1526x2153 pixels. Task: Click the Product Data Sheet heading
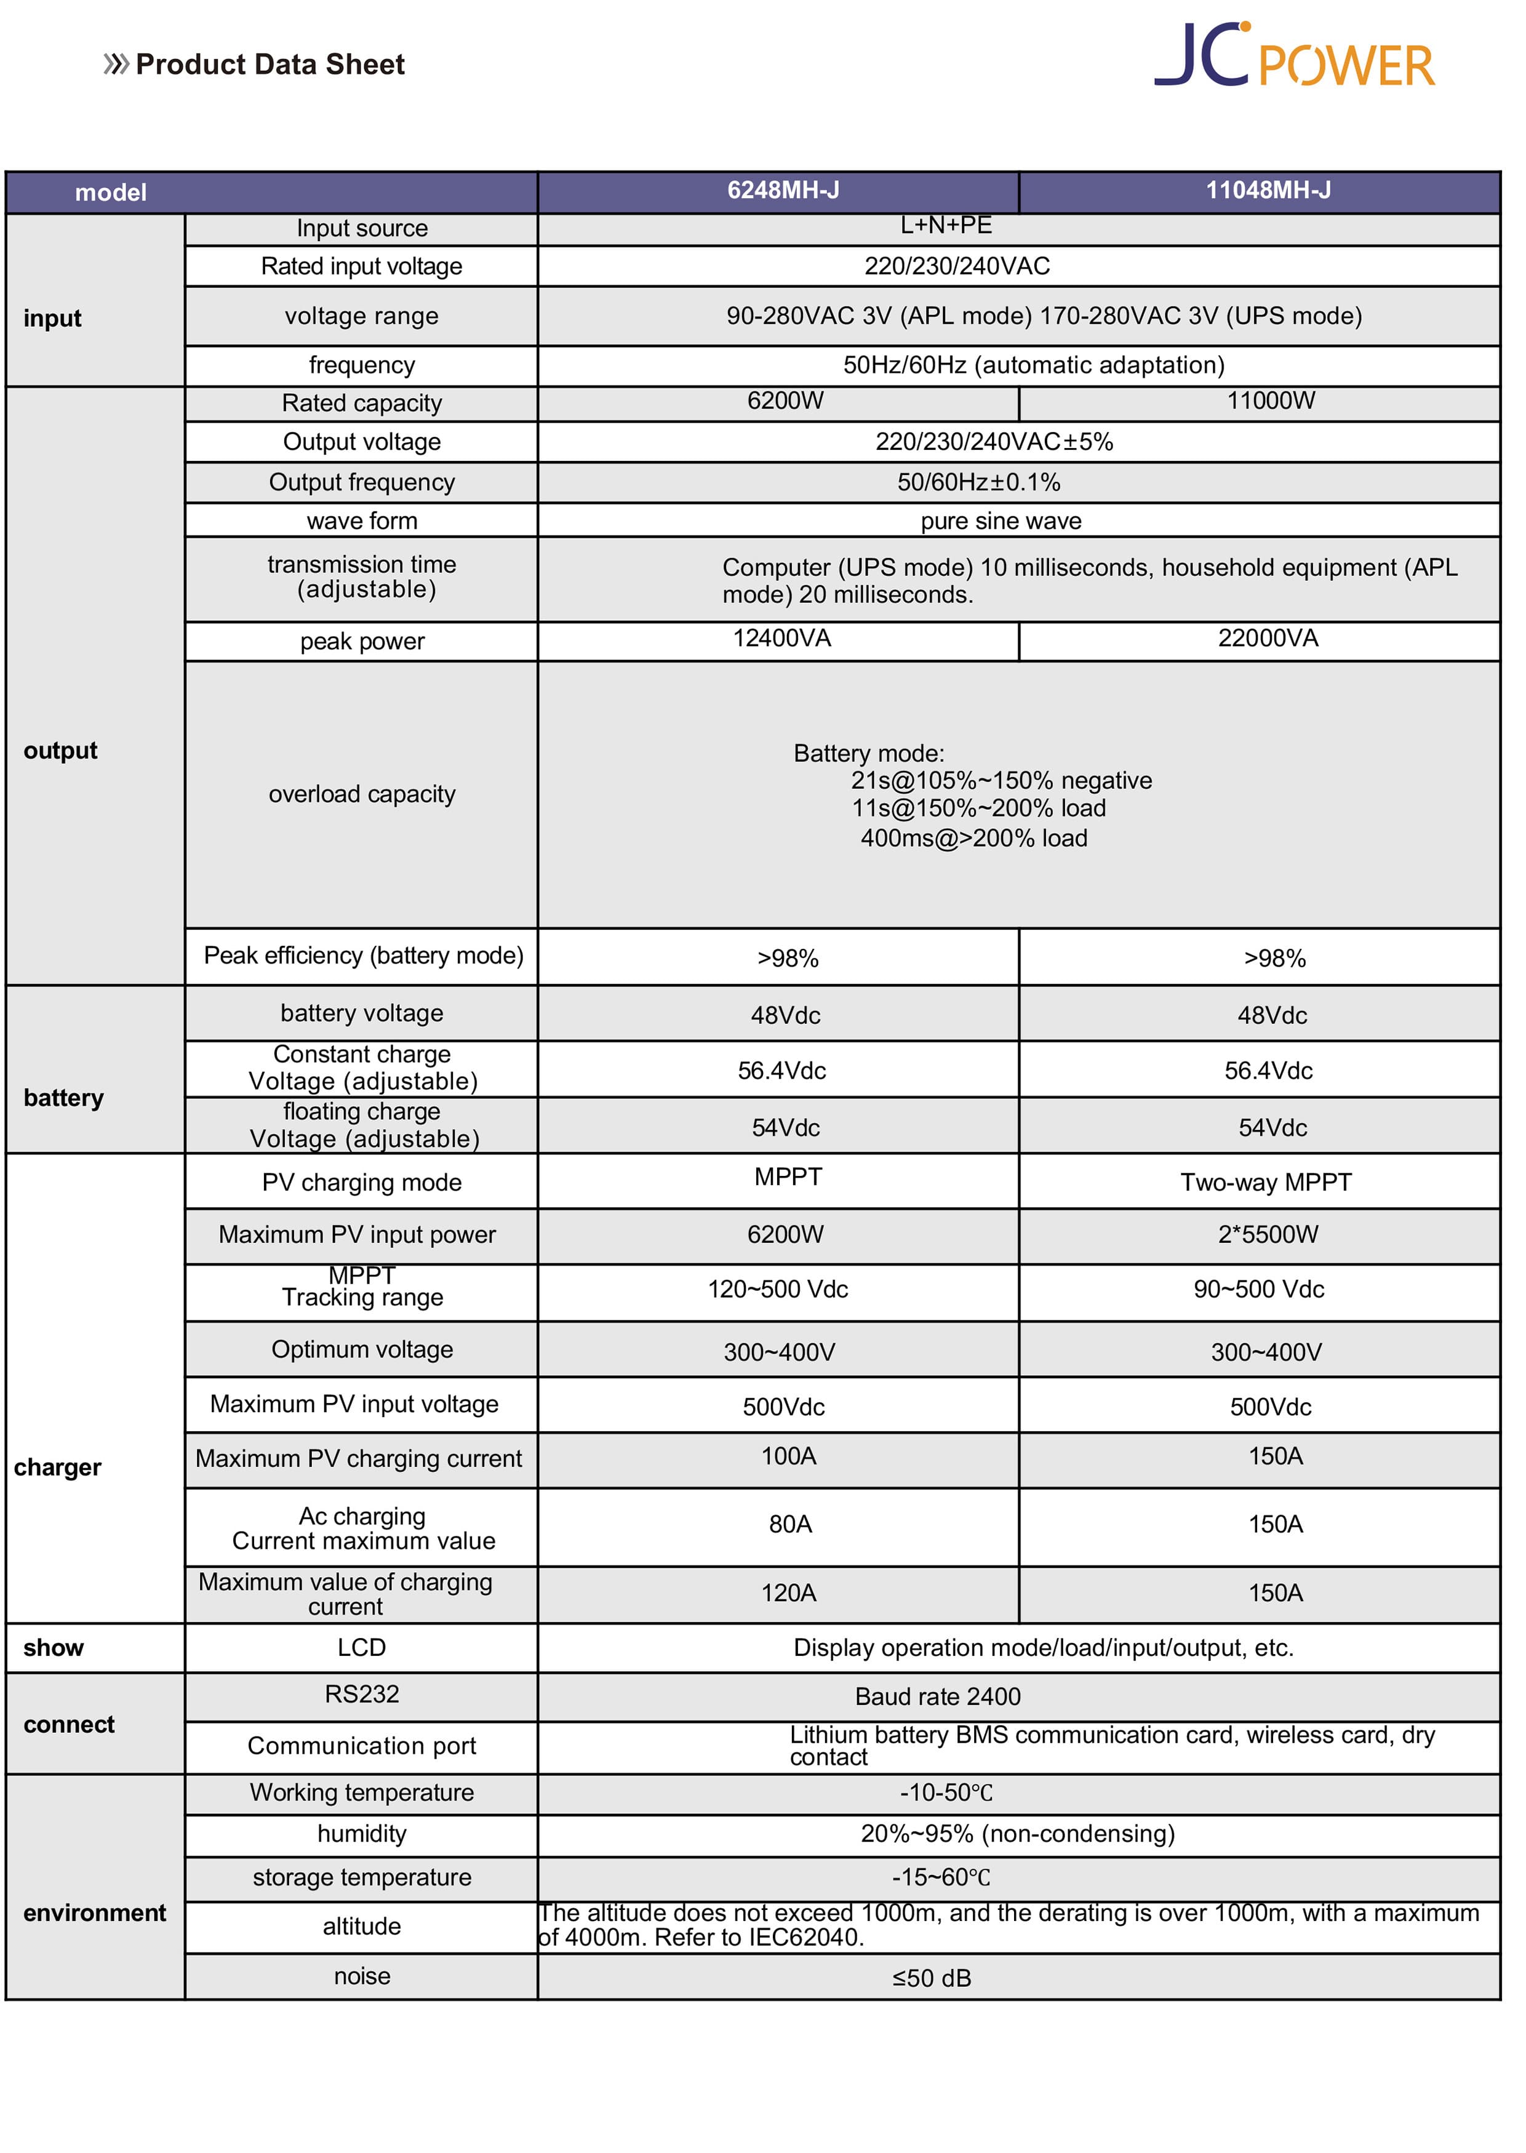[x=270, y=64]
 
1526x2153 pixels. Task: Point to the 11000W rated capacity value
[x=1271, y=401]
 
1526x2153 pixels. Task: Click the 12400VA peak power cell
[x=782, y=639]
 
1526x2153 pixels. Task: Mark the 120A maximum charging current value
[x=788, y=1593]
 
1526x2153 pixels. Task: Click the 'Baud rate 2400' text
[x=937, y=1696]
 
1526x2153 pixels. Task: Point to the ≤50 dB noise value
[x=931, y=1978]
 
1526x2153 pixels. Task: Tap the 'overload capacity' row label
[x=362, y=794]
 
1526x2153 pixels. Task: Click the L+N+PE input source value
[x=945, y=226]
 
